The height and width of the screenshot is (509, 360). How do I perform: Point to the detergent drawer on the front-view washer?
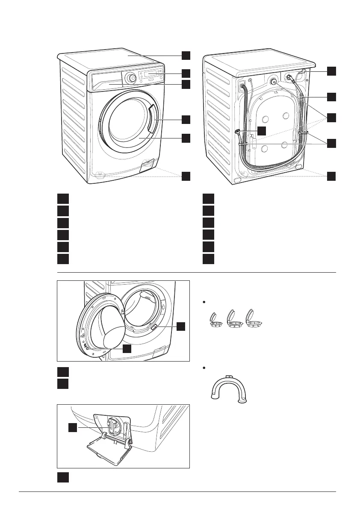(x=105, y=85)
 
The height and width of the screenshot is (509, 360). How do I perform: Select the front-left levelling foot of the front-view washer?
(x=99, y=174)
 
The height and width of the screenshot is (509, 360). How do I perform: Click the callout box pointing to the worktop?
(x=185, y=56)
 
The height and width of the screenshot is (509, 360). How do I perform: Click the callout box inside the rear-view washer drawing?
(x=261, y=131)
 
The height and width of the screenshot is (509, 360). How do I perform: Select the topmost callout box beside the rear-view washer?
(x=331, y=71)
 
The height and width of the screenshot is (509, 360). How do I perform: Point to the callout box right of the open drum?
(x=181, y=327)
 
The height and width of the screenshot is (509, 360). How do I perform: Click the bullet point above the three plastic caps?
(x=206, y=302)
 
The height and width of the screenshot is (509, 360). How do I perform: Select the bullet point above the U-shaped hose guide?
(x=206, y=368)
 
